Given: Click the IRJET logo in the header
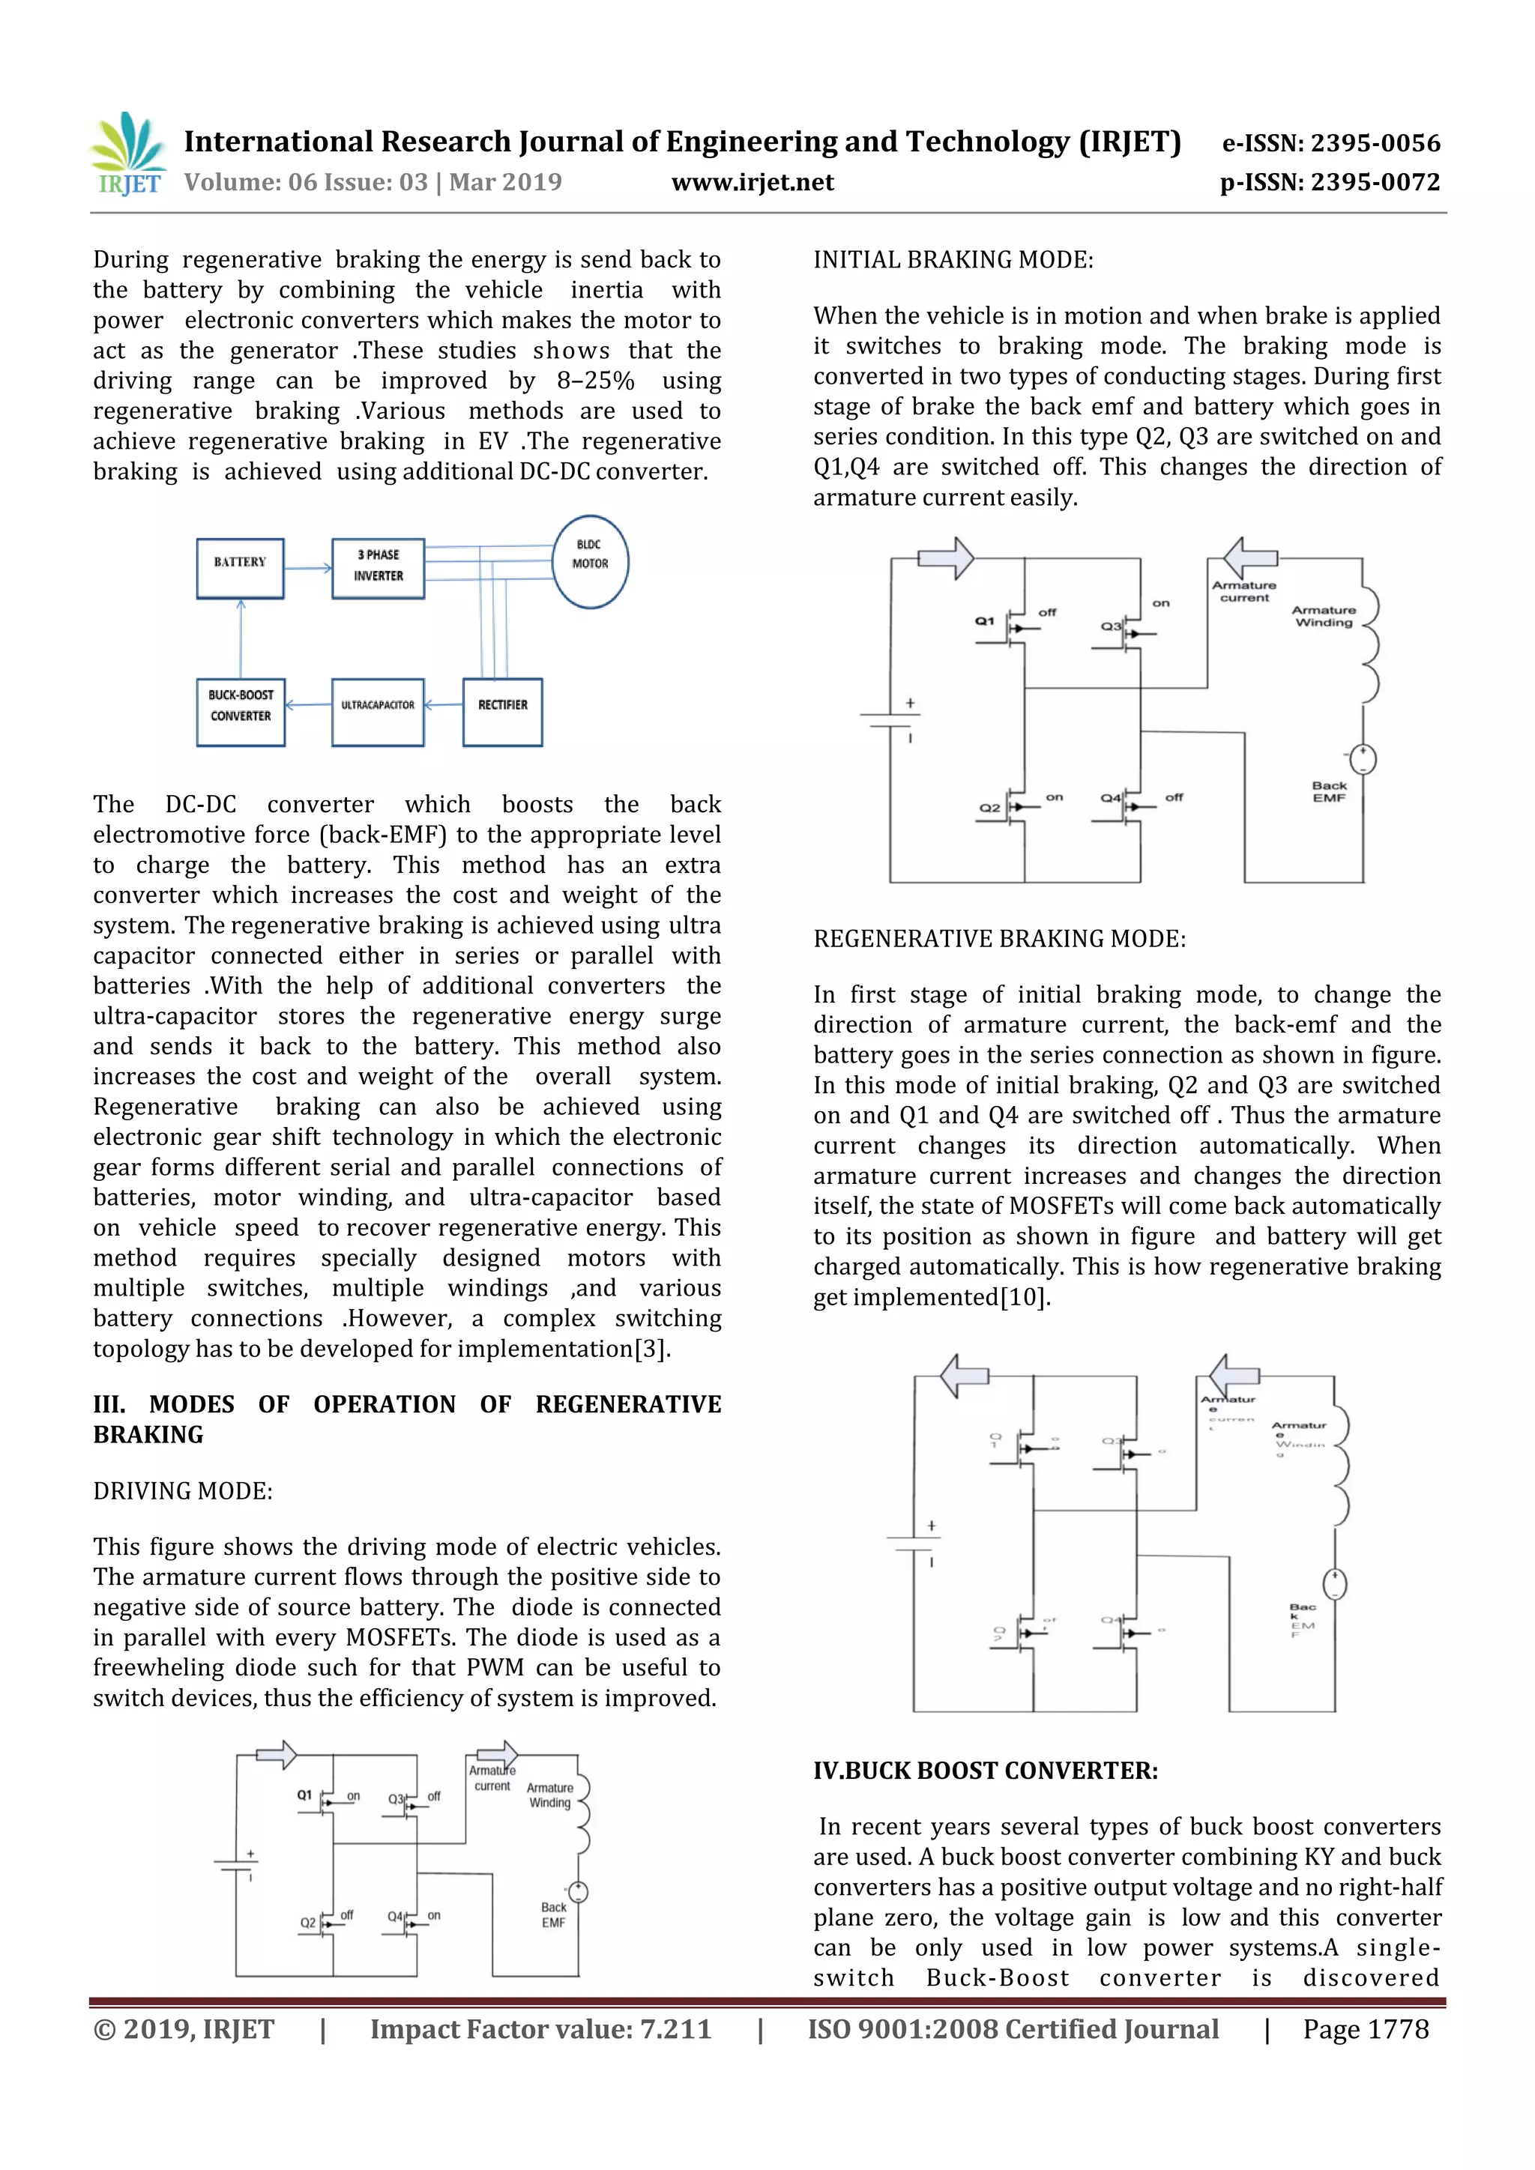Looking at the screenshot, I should tap(127, 154).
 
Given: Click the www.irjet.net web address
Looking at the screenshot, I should tap(753, 181).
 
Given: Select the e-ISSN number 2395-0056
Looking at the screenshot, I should tap(1331, 144).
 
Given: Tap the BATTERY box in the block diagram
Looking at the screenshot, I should tap(240, 568).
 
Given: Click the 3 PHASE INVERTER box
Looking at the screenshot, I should tap(378, 568).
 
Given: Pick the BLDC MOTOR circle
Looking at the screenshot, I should tap(590, 561).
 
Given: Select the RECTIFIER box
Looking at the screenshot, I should tap(503, 712).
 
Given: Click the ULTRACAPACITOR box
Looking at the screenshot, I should tap(378, 712).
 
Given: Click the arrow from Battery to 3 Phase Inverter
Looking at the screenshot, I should tap(308, 568).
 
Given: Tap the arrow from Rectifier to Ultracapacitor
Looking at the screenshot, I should tap(443, 705).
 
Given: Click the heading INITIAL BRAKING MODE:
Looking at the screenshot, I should tap(953, 260).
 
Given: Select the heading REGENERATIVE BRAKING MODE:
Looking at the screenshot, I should tap(999, 938).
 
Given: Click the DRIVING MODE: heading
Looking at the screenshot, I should tap(182, 1490).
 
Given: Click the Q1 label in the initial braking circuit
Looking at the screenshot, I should tap(985, 621).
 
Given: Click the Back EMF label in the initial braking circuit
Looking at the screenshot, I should tap(1328, 791).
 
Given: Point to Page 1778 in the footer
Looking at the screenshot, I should tap(1365, 2028).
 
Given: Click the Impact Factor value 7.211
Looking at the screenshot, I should tap(540, 2028).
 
